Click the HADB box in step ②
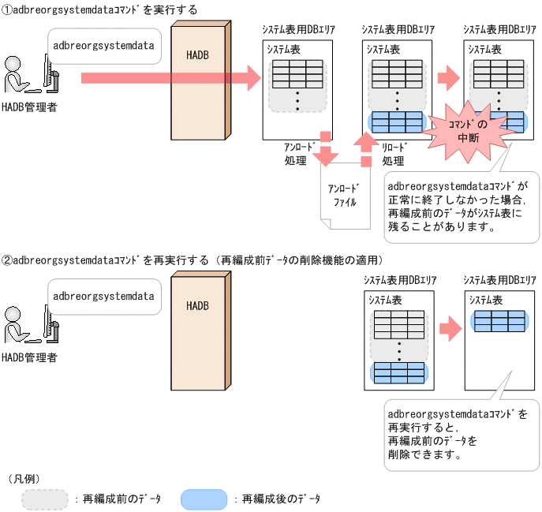(x=199, y=331)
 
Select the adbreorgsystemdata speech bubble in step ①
(x=103, y=45)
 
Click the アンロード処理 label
(x=300, y=154)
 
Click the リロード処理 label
(x=394, y=154)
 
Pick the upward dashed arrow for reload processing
(x=364, y=149)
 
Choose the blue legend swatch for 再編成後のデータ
(x=204, y=499)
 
